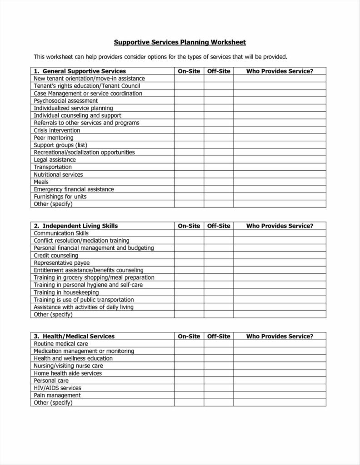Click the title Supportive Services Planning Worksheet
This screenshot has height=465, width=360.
180,42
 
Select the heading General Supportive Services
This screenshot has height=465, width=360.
80,71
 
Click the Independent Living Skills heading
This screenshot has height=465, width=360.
80,226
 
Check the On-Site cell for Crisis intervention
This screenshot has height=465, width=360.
189,130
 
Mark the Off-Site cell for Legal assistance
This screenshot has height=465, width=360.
219,160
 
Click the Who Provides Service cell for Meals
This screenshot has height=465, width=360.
280,182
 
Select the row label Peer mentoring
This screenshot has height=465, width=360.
53,138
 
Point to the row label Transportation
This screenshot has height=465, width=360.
53,167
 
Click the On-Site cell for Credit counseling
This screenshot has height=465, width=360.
189,256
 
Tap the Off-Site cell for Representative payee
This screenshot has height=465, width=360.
219,263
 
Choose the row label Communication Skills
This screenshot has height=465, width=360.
61,233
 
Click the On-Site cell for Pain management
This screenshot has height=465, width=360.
189,396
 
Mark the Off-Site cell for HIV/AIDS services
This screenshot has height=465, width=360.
219,388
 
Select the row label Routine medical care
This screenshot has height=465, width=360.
61,344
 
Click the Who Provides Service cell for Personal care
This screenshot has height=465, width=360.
280,381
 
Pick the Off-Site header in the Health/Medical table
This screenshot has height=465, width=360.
219,336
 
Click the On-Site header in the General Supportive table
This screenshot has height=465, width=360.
189,71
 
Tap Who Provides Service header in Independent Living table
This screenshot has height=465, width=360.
280,226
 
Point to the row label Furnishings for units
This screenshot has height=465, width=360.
60,197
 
